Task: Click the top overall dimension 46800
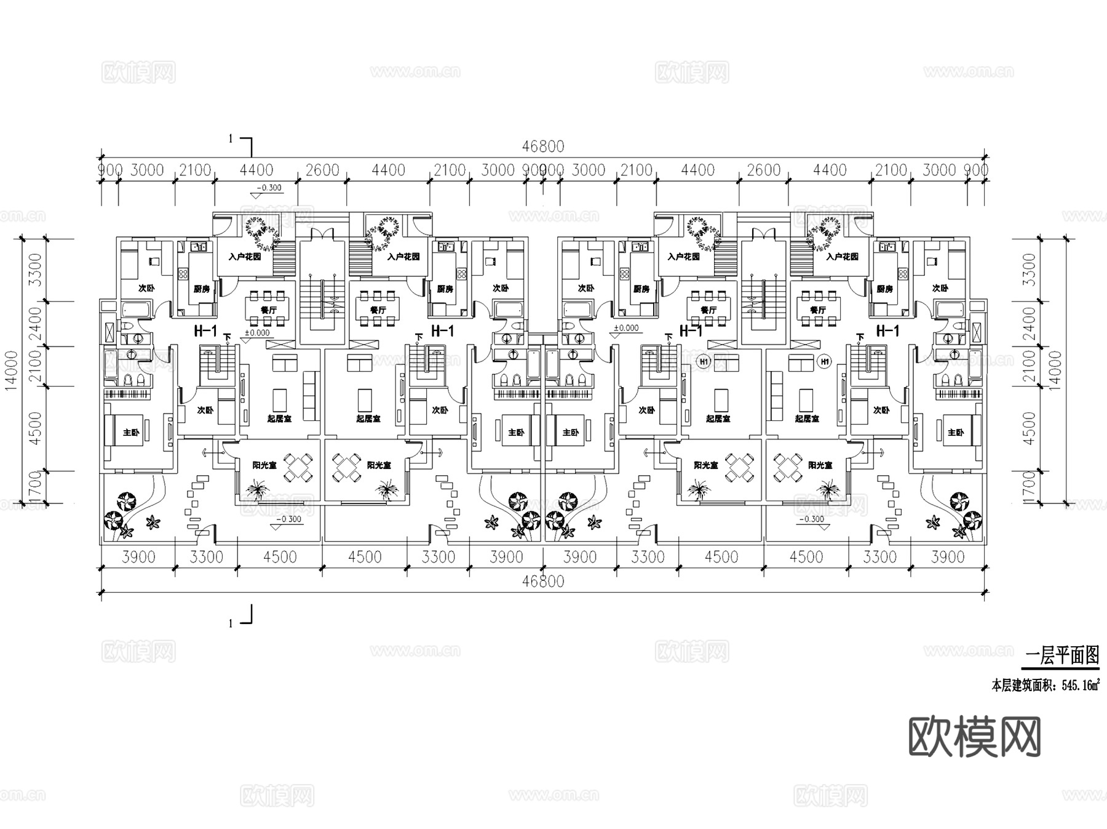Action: tap(542, 146)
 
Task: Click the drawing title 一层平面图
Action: tap(1062, 656)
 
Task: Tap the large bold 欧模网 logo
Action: tap(975, 737)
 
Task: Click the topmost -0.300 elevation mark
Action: tap(268, 188)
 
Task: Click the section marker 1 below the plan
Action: tap(231, 623)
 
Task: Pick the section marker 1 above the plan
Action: tap(231, 139)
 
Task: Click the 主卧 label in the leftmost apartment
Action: tap(131, 433)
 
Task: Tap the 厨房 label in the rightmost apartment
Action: tap(884, 289)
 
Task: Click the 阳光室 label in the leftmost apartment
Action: tap(264, 465)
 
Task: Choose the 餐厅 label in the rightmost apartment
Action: tap(817, 310)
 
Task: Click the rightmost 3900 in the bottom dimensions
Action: tap(948, 557)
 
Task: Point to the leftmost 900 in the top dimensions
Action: tap(111, 170)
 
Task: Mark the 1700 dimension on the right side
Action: tap(1030, 486)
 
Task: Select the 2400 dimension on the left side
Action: tap(36, 323)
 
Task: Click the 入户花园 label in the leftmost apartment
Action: tap(245, 256)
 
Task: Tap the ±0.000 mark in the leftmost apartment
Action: tap(257, 333)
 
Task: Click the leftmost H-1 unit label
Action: tap(205, 331)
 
